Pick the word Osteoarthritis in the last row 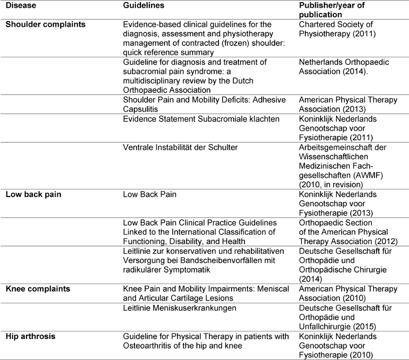pyautogui.click(x=147, y=345)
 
